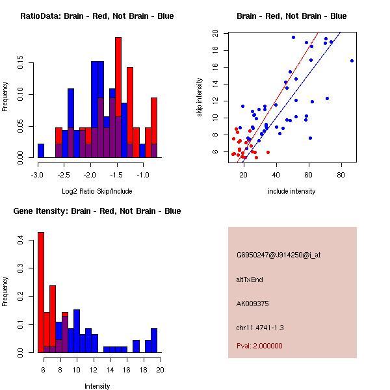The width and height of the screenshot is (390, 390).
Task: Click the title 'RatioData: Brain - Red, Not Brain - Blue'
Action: point(97,16)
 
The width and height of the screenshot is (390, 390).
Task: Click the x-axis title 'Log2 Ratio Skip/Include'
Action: point(97,191)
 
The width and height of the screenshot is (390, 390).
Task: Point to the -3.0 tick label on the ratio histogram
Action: point(37,175)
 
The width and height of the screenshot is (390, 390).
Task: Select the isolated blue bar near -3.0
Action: point(41,151)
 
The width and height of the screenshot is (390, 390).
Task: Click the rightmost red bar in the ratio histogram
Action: point(154,123)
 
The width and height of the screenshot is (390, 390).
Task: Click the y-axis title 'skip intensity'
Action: point(200,97)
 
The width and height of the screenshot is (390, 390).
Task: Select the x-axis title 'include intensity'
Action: point(292,191)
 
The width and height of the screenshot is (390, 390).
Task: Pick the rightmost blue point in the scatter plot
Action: point(352,60)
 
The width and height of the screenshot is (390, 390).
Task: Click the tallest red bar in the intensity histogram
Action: point(40,292)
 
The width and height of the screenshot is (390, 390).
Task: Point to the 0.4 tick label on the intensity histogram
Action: point(21,240)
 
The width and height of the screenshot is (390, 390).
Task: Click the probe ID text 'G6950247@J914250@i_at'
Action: point(279,255)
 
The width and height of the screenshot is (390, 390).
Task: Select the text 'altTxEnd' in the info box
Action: point(250,279)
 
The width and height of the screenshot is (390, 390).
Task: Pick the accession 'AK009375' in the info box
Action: point(253,303)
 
